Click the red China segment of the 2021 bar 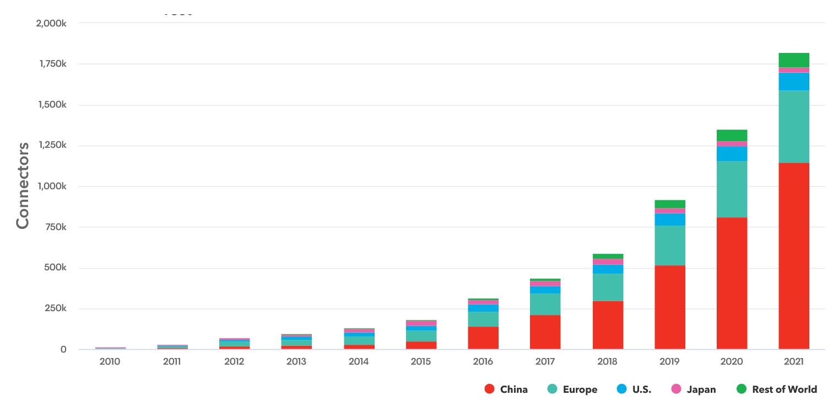coord(793,256)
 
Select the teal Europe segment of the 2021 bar coord(793,126)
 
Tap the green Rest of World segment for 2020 coord(732,135)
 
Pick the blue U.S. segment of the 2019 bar coord(670,220)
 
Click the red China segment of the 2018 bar coord(608,325)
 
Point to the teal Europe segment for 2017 coord(545,304)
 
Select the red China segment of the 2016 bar coord(483,338)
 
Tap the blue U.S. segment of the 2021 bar coord(793,82)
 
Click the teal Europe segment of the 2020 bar coord(732,189)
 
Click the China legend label coord(513,389)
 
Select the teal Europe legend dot coord(552,389)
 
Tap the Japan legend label coord(701,389)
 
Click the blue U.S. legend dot coord(621,389)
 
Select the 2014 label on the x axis coord(359,362)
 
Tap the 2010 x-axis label coord(110,362)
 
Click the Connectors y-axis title coord(23,185)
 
